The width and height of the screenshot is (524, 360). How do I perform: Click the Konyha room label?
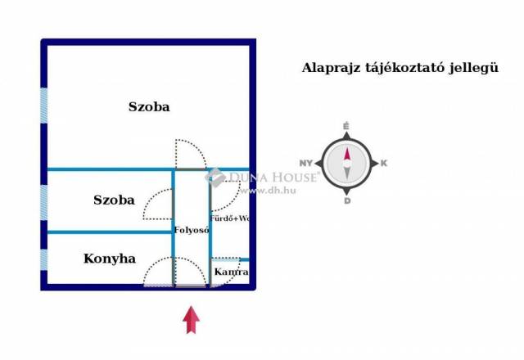(x=110, y=259)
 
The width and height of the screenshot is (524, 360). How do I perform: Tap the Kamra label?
(x=231, y=272)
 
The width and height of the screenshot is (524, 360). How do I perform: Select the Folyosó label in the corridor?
(x=192, y=230)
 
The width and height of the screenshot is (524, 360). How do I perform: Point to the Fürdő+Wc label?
(x=229, y=218)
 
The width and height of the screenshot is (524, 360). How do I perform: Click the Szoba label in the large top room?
(x=149, y=107)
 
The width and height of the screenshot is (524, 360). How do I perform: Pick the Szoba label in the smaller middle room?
(x=115, y=200)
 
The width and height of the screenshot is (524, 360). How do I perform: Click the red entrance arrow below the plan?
(x=191, y=320)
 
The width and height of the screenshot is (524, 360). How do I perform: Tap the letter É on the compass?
(x=346, y=126)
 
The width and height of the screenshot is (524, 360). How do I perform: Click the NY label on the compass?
(x=306, y=164)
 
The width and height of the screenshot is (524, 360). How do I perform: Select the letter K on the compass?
(x=384, y=164)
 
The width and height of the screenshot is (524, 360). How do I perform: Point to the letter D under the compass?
(x=347, y=201)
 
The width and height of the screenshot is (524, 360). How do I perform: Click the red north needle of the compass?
(x=347, y=154)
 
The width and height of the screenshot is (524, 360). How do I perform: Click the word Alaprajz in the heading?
(x=331, y=68)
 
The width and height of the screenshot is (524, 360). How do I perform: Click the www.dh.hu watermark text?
(x=268, y=191)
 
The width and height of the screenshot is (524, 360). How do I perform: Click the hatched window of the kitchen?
(x=43, y=259)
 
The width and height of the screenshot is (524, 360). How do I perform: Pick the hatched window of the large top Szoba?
(x=43, y=106)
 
